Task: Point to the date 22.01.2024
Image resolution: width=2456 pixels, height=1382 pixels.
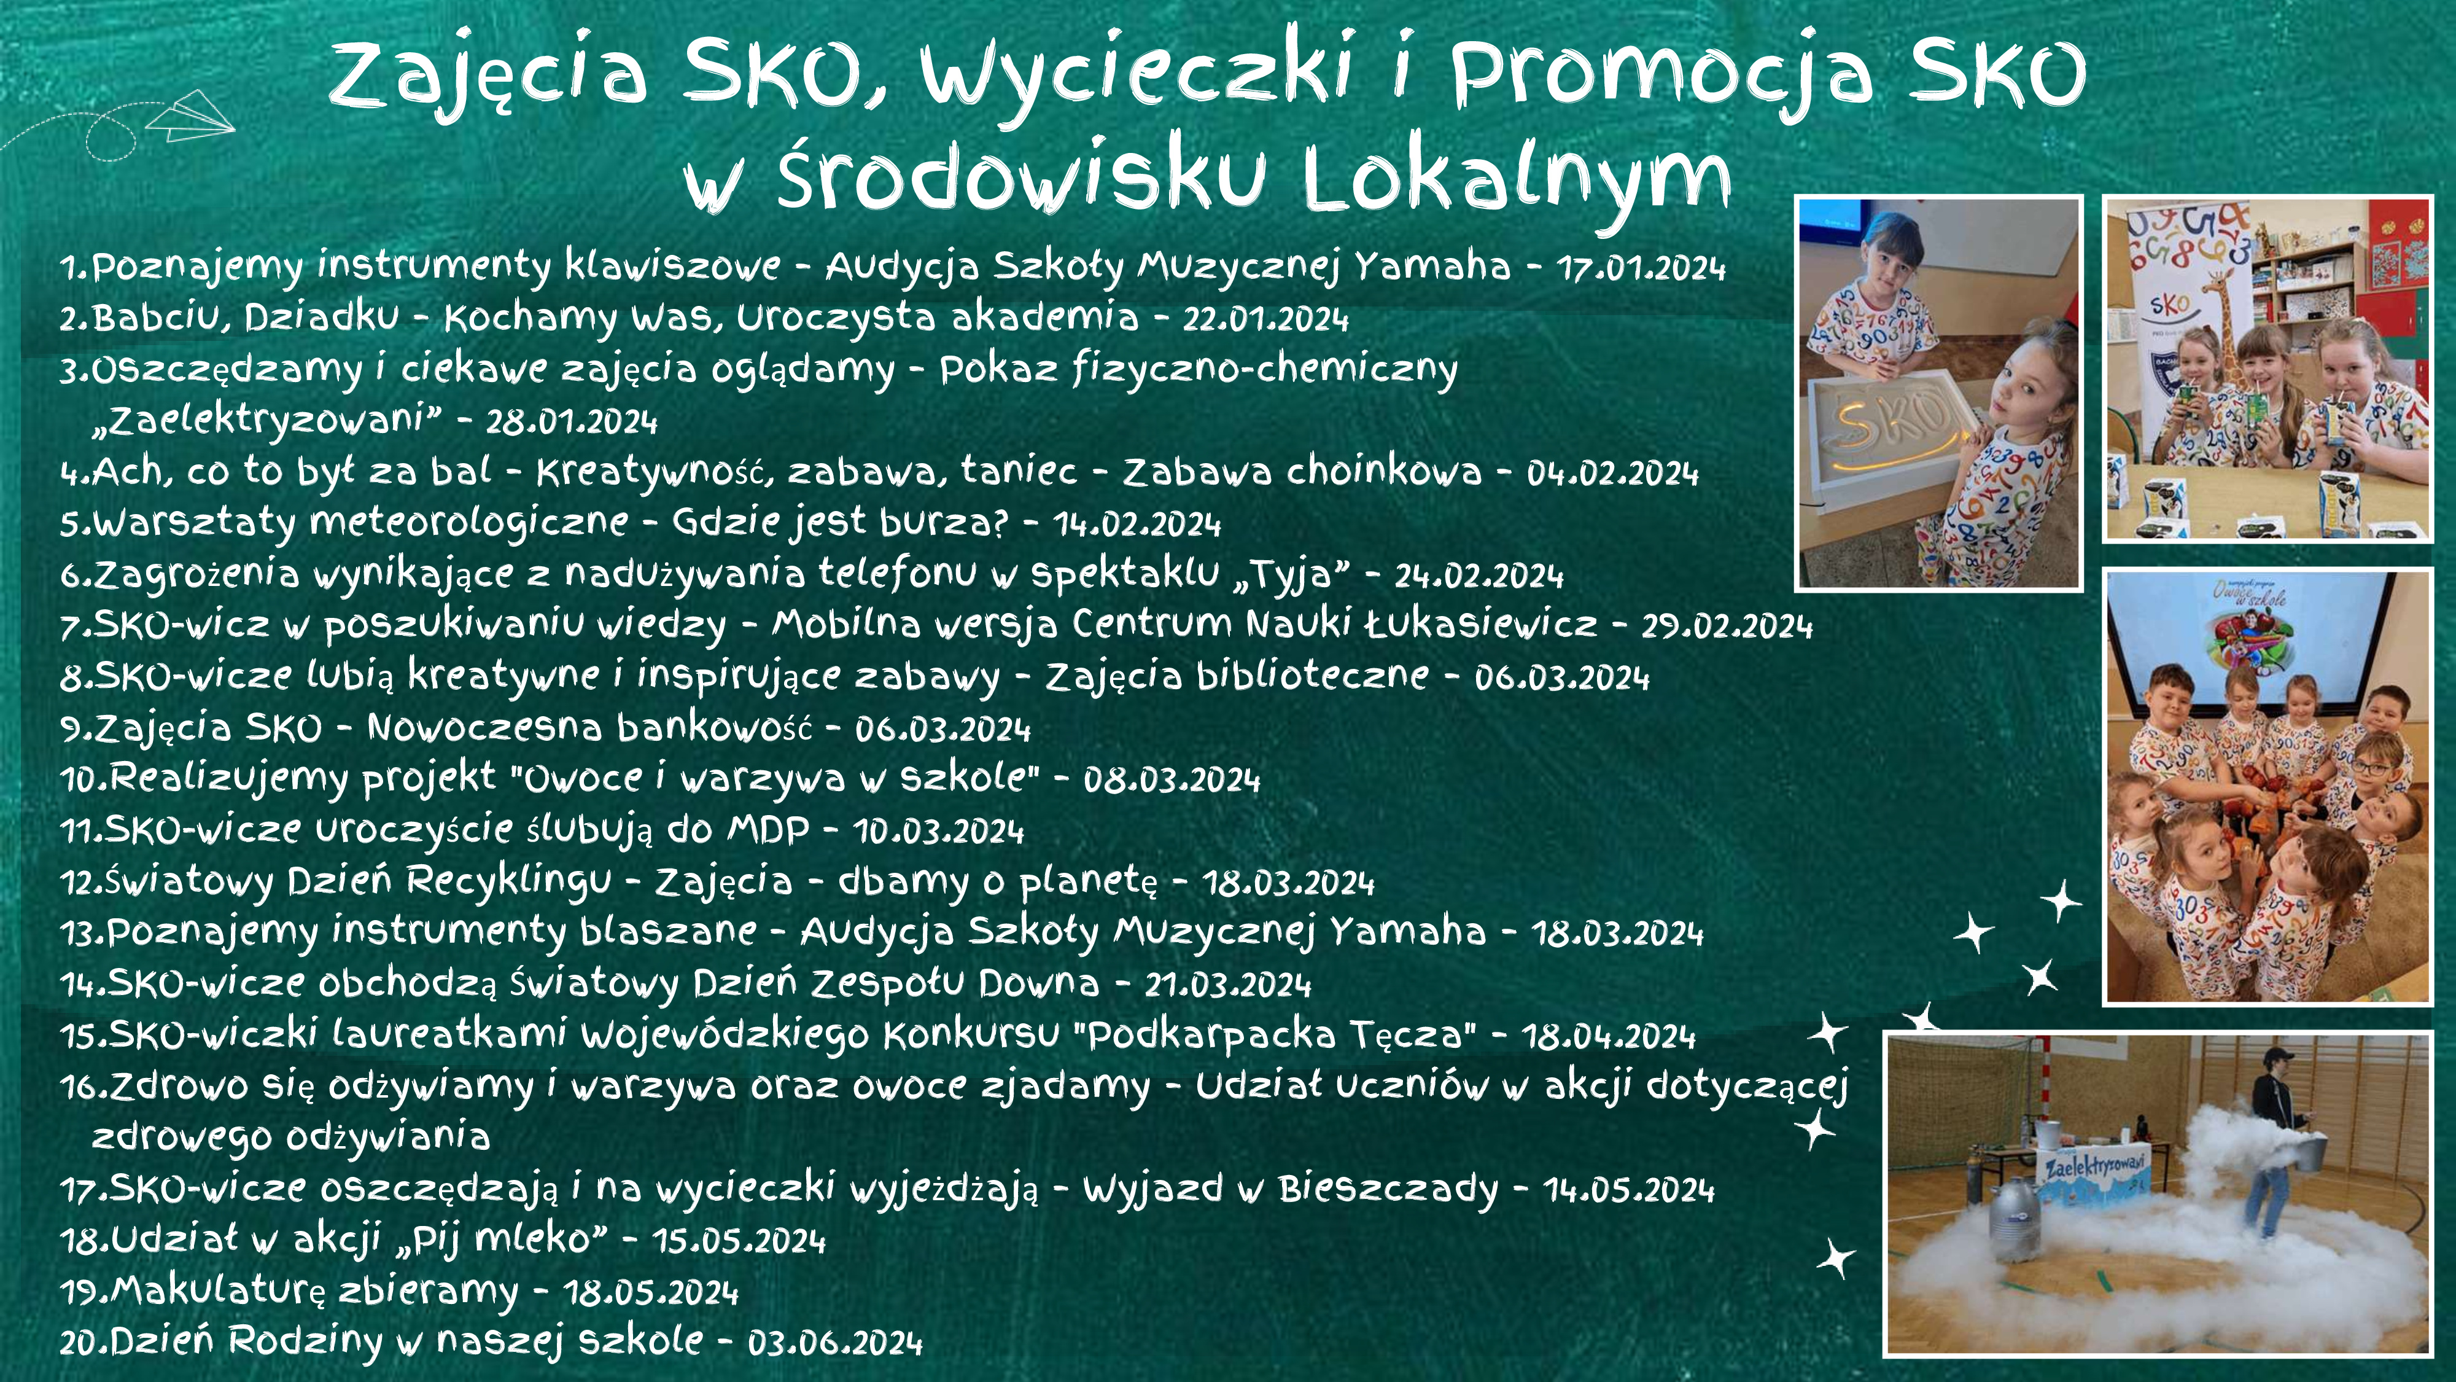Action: (1265, 319)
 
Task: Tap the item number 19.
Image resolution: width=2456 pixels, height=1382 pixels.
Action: (84, 1292)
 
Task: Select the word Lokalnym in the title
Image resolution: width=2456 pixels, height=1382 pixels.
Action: (1517, 178)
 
